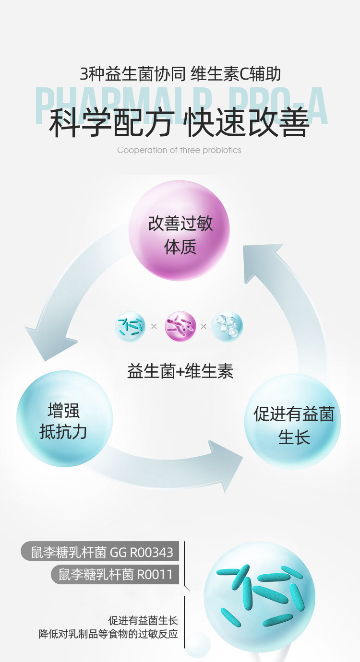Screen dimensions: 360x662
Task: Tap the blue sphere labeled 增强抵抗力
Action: [x=64, y=419]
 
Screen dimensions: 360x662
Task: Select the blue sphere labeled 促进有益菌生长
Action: [x=293, y=422]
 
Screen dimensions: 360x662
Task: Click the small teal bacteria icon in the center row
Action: [x=130, y=327]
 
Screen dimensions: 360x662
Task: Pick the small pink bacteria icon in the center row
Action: [x=180, y=327]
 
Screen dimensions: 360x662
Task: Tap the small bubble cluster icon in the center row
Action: [x=228, y=327]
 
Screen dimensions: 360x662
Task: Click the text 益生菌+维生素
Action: [x=180, y=371]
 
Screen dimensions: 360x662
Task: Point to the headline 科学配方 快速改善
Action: [x=180, y=123]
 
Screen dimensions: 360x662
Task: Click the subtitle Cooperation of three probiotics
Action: [x=179, y=150]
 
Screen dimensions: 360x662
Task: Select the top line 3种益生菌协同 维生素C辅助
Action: [x=180, y=74]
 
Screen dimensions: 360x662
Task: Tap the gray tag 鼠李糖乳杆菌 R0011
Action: [x=115, y=574]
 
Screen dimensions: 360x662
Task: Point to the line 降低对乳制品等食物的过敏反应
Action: [x=108, y=634]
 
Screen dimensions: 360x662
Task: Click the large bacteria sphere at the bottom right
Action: [x=259, y=597]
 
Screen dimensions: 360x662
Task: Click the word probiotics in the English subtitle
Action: [x=222, y=150]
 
